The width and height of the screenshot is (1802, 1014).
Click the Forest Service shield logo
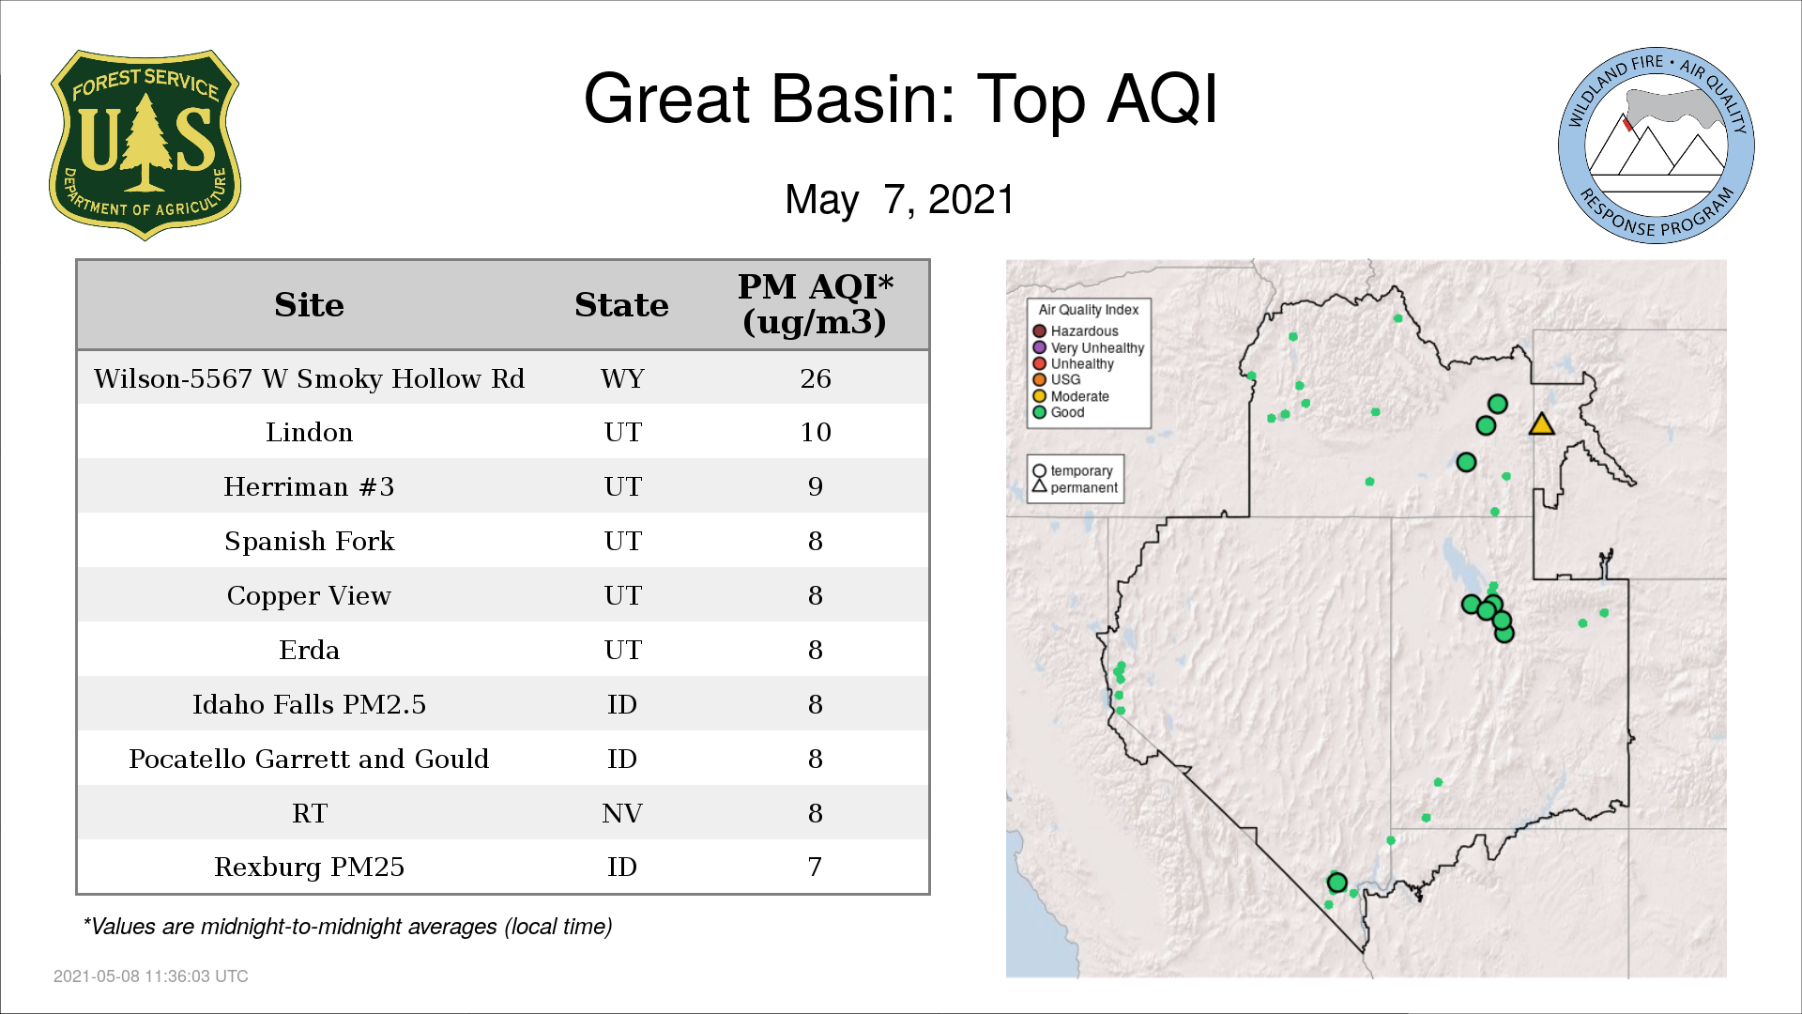pos(145,145)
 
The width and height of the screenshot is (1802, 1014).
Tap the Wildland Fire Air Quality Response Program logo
pos(1657,146)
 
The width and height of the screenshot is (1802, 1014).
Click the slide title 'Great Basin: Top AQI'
pos(900,99)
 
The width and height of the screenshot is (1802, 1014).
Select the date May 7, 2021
pos(900,199)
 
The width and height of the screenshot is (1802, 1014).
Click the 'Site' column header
pos(309,305)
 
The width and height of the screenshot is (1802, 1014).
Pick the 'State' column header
pos(621,305)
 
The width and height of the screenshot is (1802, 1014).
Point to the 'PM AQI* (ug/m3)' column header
pos(815,304)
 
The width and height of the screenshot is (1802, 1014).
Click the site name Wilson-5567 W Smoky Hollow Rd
pos(309,378)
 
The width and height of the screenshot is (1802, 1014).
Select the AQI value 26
pos(815,378)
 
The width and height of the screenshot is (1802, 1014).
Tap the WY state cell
pos(622,378)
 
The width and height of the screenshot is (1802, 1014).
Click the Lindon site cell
pos(309,432)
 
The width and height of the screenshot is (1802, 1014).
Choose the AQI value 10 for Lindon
pos(815,432)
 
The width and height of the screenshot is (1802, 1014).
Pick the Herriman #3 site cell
pos(309,486)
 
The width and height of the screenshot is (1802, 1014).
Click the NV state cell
pos(622,813)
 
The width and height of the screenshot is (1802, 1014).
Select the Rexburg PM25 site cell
pos(309,867)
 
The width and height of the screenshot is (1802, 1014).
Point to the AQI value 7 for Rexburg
pos(815,867)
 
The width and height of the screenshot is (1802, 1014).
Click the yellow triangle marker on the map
pos(1541,425)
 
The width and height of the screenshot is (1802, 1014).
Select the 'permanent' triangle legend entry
pos(1076,487)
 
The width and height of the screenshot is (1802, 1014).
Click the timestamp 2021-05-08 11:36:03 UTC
pos(151,976)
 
